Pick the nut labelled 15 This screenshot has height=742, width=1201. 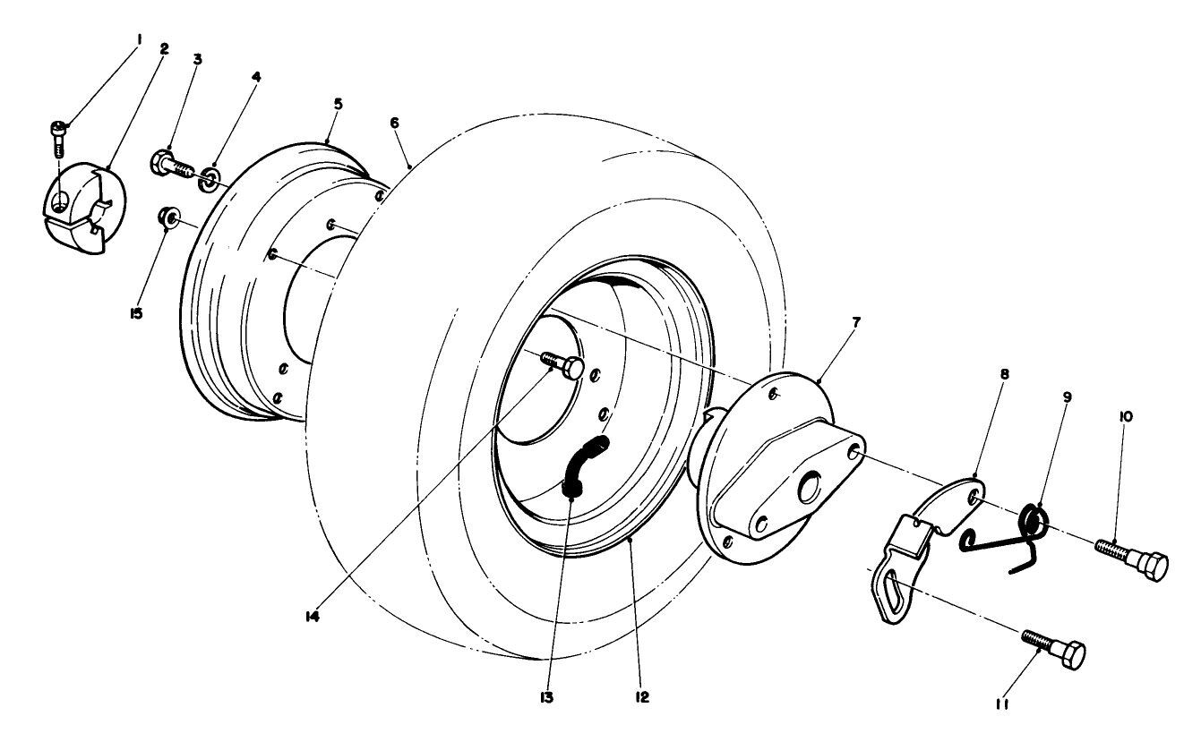tap(167, 218)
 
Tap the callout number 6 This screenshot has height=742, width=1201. tap(395, 124)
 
